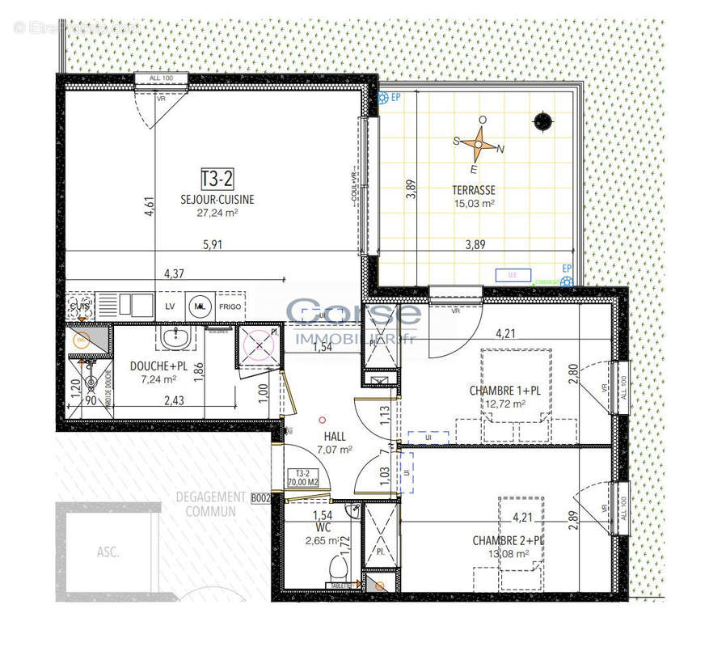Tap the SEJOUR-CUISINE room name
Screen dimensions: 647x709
click(217, 199)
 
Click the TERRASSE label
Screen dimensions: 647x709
click(474, 191)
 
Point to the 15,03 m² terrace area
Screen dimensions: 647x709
click(474, 204)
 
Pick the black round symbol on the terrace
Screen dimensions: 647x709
click(542, 121)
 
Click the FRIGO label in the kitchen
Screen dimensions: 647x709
click(230, 307)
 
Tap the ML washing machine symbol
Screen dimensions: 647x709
click(200, 307)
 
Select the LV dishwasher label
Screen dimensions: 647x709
click(171, 307)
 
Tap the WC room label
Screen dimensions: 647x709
click(323, 526)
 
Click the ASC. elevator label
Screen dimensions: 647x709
click(108, 553)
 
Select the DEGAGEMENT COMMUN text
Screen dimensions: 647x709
click(210, 504)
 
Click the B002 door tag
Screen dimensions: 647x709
click(260, 499)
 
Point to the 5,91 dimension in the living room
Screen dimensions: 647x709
click(212, 247)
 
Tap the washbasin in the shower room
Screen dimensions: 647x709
click(171, 337)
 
